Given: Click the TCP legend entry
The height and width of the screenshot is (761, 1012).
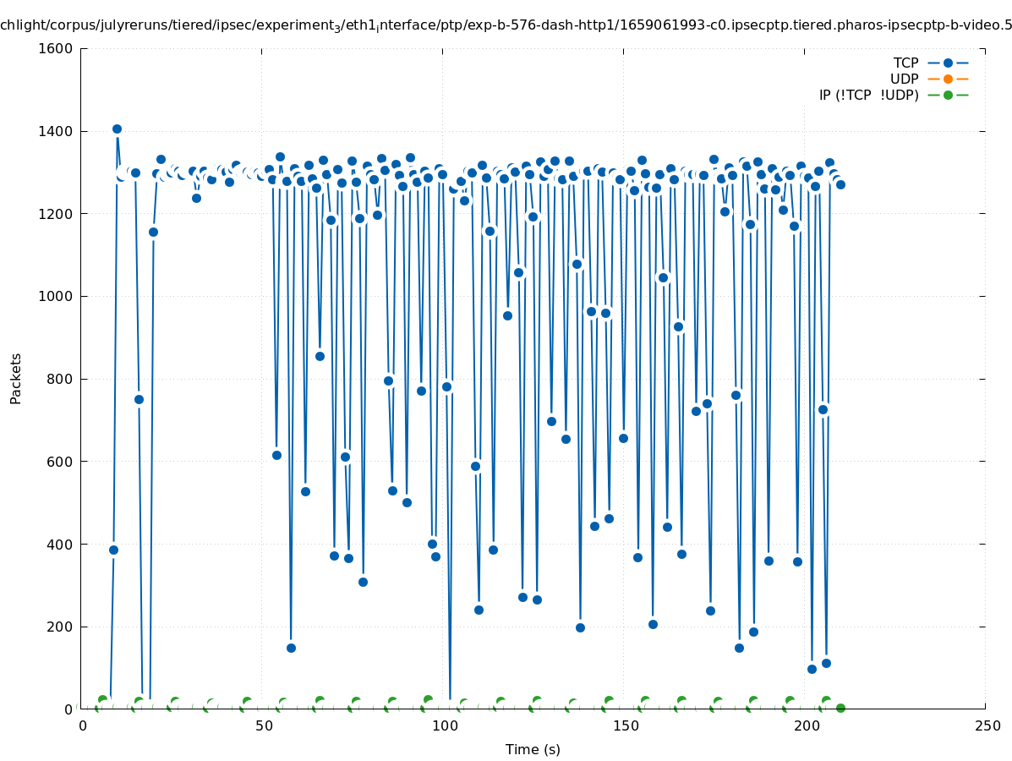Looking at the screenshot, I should point(905,63).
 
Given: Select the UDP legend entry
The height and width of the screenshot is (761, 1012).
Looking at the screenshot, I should point(904,79).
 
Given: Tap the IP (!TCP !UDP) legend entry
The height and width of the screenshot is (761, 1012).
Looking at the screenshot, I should point(868,95).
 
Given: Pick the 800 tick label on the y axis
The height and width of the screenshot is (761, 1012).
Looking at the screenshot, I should point(59,379).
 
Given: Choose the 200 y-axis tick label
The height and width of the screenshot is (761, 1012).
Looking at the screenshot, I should point(59,627).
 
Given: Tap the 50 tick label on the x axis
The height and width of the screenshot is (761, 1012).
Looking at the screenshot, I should point(263,726).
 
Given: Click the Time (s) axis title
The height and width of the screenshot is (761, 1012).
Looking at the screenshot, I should point(533,750).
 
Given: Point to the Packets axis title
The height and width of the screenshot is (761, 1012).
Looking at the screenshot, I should point(16,379).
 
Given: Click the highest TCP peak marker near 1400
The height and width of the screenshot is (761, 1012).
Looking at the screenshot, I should point(117,129).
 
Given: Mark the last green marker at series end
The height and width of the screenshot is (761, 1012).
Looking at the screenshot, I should point(840,708).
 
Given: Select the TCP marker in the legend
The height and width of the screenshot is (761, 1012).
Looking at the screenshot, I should point(948,63).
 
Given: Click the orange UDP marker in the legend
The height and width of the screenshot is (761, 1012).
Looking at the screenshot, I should point(948,79).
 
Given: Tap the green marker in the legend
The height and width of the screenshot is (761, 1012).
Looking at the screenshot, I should point(948,95).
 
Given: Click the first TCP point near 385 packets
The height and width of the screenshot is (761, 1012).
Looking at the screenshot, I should point(113,550).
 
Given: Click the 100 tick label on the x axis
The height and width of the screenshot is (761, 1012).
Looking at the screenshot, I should point(444,726).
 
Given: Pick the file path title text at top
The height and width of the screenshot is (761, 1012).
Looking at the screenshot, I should point(506,25).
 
